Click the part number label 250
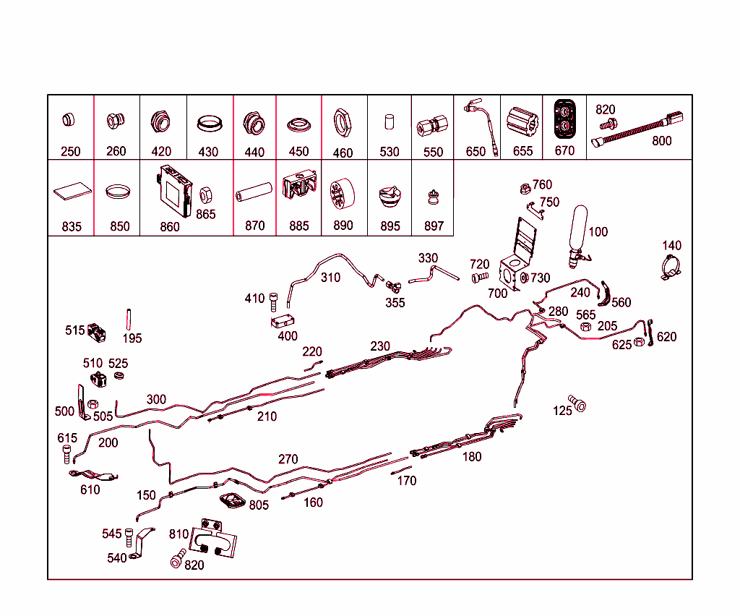click(x=71, y=152)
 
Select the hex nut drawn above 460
click(x=343, y=123)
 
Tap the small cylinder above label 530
click(x=389, y=121)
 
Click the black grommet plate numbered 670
click(x=564, y=119)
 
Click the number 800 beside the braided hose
click(x=661, y=141)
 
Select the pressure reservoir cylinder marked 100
click(x=580, y=231)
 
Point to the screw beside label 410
click(x=273, y=299)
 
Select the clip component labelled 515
click(x=96, y=332)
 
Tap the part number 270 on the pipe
click(x=288, y=459)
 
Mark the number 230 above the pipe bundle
click(x=380, y=346)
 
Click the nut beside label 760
click(x=525, y=189)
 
